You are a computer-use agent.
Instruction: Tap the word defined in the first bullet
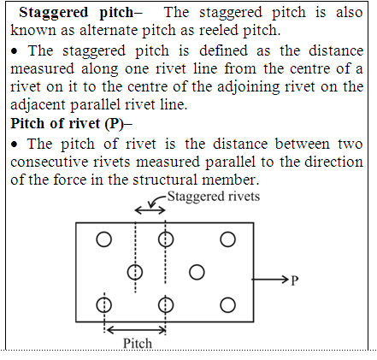point(223,50)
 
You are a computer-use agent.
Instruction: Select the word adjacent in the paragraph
point(38,105)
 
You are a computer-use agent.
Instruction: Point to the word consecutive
point(49,162)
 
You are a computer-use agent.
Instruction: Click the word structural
point(165,180)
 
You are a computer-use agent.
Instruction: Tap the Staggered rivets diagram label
point(214,197)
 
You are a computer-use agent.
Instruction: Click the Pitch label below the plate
point(138,343)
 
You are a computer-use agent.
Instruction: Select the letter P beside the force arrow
point(295,280)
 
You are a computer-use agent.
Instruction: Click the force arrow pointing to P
point(270,280)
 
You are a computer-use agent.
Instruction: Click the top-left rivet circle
point(104,239)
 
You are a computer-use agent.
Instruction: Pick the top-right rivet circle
point(228,239)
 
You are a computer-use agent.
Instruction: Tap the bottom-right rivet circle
point(228,305)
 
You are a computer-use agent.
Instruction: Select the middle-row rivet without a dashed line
point(197,272)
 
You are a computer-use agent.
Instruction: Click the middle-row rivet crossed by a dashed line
point(135,272)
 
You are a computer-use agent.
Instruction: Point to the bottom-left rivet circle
point(104,305)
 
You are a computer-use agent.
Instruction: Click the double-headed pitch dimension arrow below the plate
point(135,330)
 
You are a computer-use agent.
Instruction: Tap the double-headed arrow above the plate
point(150,210)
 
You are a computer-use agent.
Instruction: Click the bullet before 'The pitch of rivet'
point(15,145)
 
